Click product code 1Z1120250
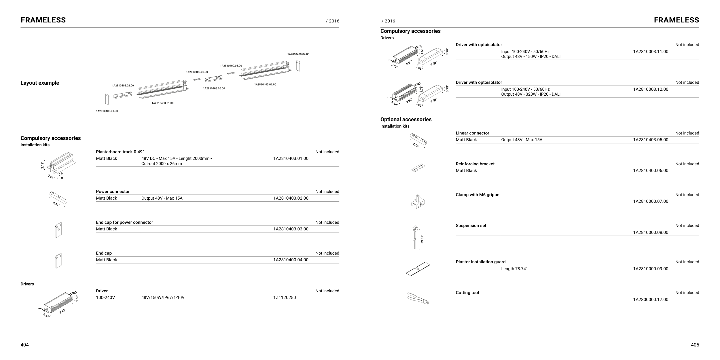(x=284, y=298)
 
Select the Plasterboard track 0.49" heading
(x=120, y=152)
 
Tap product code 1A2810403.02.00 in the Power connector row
(x=291, y=198)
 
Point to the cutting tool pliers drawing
(x=418, y=298)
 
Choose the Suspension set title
(x=471, y=226)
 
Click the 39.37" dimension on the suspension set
(x=422, y=239)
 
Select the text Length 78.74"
(x=514, y=269)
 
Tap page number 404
(x=24, y=345)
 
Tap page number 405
(x=695, y=345)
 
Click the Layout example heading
(x=40, y=83)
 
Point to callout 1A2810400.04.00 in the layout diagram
(x=298, y=54)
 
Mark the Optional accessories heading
(x=406, y=120)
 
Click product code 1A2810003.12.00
(x=650, y=89)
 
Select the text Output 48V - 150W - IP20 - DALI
(x=530, y=56)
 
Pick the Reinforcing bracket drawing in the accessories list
(x=418, y=168)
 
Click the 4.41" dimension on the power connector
(x=56, y=204)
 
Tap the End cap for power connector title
(x=124, y=222)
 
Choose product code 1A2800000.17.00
(x=650, y=300)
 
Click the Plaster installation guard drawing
(x=418, y=269)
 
